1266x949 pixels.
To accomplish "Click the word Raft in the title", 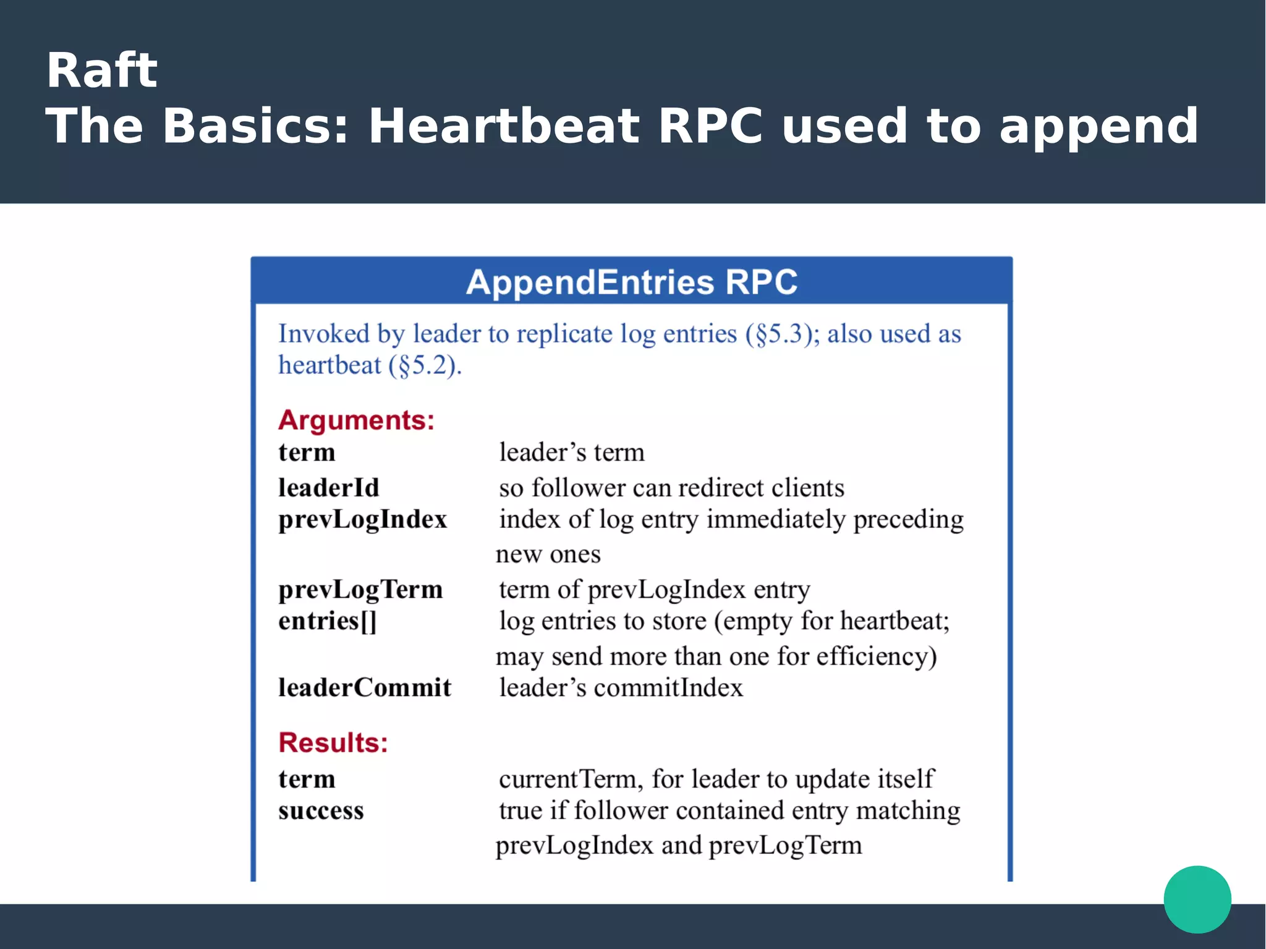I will tap(102, 70).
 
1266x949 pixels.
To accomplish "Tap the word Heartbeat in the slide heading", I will tap(503, 126).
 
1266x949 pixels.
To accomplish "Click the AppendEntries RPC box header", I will tap(631, 282).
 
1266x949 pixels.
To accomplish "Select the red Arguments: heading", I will tap(356, 420).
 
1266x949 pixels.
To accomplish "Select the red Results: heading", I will tap(333, 743).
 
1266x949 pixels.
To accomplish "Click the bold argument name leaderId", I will tap(328, 488).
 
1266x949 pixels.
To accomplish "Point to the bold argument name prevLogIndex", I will tap(362, 519).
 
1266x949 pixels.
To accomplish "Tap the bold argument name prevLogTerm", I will tap(360, 589).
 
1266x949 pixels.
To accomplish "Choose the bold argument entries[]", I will tap(327, 621).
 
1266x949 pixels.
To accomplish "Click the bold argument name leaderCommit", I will tap(365, 687).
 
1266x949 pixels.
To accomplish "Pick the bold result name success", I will tap(321, 811).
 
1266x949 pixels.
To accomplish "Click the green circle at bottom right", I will tap(1197, 899).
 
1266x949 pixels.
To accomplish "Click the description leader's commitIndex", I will tap(621, 687).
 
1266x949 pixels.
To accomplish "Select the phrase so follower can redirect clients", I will tap(671, 488).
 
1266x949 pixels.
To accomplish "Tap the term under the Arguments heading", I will tap(307, 453).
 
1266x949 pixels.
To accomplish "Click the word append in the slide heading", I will tap(1098, 126).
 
